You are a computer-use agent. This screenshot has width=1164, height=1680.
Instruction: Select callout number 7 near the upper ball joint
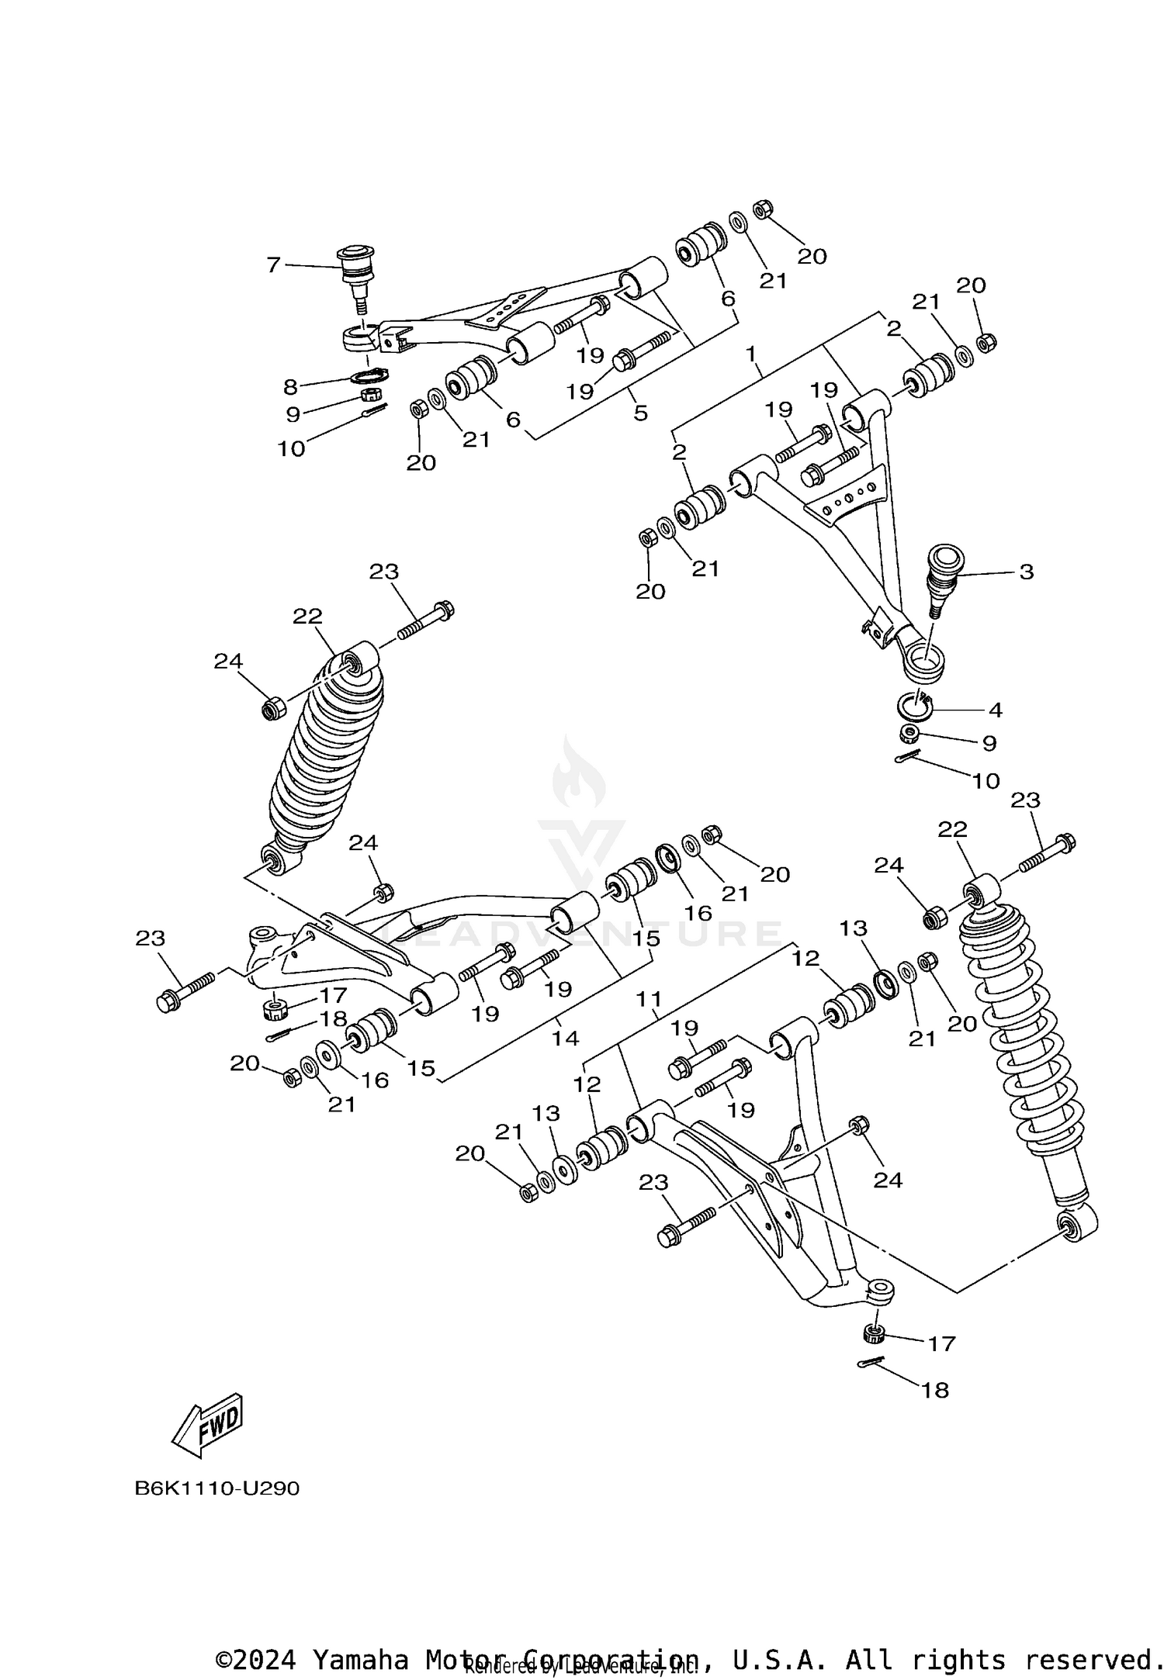point(272,265)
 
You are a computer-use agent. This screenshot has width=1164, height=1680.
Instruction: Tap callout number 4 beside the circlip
point(995,709)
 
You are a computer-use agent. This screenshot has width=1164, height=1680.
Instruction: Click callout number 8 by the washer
point(290,386)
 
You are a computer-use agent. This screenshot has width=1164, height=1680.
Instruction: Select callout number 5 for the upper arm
point(640,413)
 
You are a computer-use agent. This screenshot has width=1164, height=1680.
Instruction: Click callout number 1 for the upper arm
point(750,354)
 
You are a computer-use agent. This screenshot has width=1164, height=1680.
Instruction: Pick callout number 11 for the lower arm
point(649,1000)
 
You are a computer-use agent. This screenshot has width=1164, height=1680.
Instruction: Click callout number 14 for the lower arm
point(565,1038)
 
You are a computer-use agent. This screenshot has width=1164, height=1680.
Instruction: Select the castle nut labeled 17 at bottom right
point(874,1335)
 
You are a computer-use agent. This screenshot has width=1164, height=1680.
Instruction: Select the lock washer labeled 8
point(369,376)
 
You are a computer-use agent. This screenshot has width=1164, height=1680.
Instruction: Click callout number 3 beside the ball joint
point(1026,572)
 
